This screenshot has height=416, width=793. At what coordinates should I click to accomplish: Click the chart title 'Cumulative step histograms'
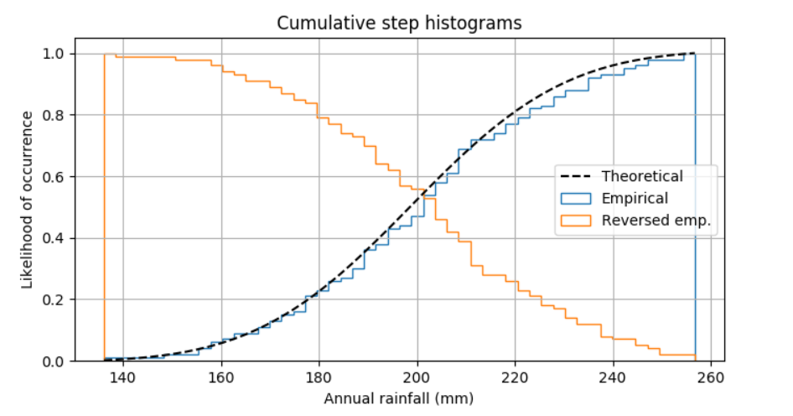pyautogui.click(x=399, y=23)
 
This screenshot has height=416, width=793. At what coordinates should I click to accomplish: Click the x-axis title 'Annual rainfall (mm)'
pyautogui.click(x=399, y=398)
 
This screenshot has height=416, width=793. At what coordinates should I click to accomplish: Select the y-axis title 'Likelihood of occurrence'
pyautogui.click(x=27, y=200)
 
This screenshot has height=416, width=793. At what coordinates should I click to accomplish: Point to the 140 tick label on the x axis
pyautogui.click(x=123, y=378)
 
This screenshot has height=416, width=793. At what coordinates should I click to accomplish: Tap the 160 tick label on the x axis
pyautogui.click(x=221, y=378)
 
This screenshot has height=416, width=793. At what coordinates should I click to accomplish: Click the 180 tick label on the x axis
pyautogui.click(x=319, y=378)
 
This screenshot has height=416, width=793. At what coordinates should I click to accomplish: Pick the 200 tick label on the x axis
pyautogui.click(x=417, y=378)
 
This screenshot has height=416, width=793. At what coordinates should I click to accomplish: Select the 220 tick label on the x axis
pyautogui.click(x=515, y=378)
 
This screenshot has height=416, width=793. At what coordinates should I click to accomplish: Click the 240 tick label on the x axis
pyautogui.click(x=613, y=378)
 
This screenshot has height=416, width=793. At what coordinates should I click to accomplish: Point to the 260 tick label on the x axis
pyautogui.click(x=711, y=378)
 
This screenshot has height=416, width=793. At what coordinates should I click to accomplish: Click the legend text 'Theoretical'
pyautogui.click(x=642, y=176)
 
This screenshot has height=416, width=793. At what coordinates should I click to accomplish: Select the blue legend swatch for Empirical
pyautogui.click(x=576, y=199)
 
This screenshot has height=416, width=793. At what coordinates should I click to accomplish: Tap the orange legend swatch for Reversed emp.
pyautogui.click(x=576, y=221)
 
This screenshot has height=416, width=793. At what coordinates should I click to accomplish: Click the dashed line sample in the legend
pyautogui.click(x=576, y=177)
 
